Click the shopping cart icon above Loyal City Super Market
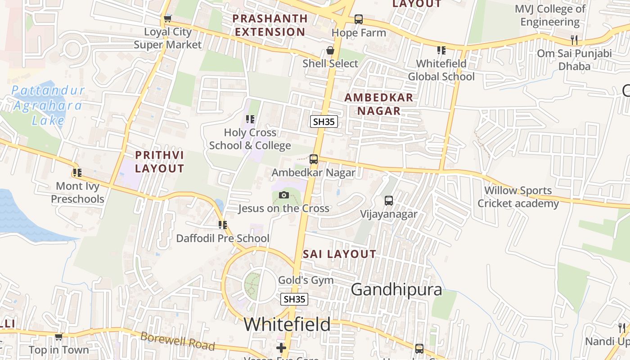coord(167,18)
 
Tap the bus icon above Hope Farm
coord(358,19)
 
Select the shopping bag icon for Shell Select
coord(330,50)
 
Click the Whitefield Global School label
coord(441,70)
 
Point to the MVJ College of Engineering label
coord(550,15)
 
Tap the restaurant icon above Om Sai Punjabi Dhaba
coord(574,40)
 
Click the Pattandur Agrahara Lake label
coord(47,105)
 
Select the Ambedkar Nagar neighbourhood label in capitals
coord(372,104)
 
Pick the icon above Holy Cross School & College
coord(250,119)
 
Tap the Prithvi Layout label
coord(160,162)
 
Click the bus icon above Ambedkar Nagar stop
coord(314,159)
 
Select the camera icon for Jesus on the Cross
coord(283,195)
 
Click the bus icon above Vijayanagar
coord(389,201)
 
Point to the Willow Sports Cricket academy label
coord(518,197)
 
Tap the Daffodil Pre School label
coord(223,238)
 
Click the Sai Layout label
coord(339,254)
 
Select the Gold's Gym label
coord(306,280)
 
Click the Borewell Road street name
coord(177,341)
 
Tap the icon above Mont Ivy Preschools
coord(77,172)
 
